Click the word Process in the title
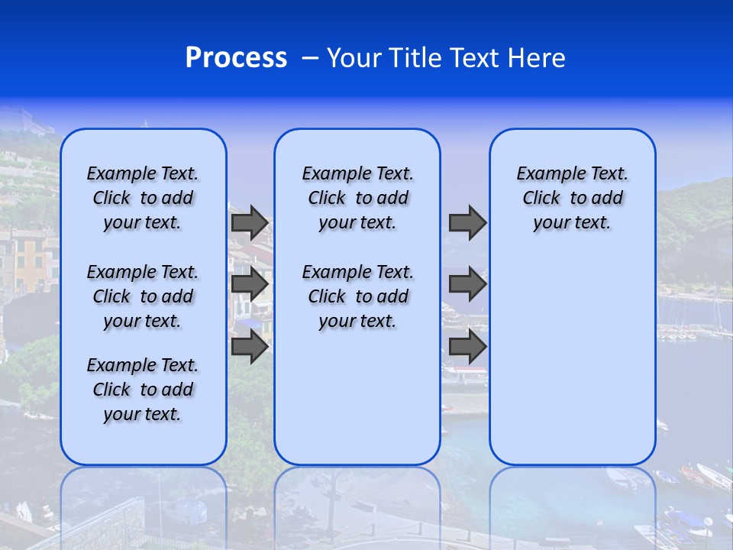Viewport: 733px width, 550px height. coord(236,58)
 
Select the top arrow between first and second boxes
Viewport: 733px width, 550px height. coord(250,222)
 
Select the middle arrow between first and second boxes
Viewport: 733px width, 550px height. coord(250,284)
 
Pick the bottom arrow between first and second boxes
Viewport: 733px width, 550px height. coord(250,346)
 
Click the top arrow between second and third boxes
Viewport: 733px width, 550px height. coord(467,222)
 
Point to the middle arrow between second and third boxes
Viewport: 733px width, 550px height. coord(467,284)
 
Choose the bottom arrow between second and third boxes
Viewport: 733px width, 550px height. coord(467,346)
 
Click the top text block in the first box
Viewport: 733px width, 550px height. coord(143,198)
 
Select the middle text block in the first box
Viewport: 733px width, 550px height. coord(143,296)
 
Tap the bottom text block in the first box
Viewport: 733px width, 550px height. coord(143,390)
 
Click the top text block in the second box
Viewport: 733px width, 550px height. coord(358,198)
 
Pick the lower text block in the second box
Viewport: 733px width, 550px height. coord(358,296)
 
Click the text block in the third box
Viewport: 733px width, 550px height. coord(573,198)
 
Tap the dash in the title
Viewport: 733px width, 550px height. coord(310,58)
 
